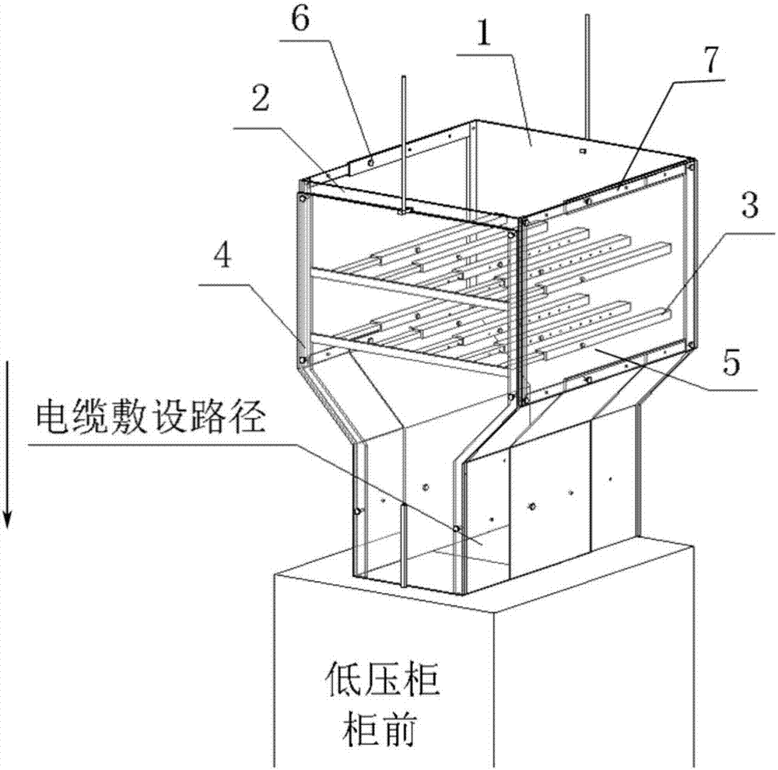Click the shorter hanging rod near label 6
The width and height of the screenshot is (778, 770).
coord(404,140)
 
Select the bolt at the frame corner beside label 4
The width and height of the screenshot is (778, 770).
coord(302,360)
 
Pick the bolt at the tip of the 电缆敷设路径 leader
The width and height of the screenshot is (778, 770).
coord(457,529)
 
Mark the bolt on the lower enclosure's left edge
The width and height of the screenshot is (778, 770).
coord(357,511)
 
